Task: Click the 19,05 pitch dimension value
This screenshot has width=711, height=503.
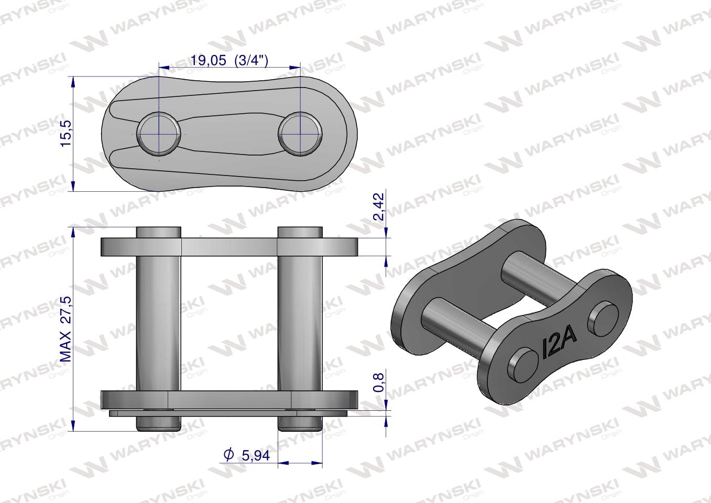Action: (x=208, y=60)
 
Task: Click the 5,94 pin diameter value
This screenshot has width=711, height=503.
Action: (x=255, y=455)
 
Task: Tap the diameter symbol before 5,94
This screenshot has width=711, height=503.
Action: (x=228, y=455)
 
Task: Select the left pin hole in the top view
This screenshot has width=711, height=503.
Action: (x=158, y=133)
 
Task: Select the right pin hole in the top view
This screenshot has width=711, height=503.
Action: (x=300, y=133)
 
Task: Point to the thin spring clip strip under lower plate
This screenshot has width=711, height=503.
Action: (x=229, y=414)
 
